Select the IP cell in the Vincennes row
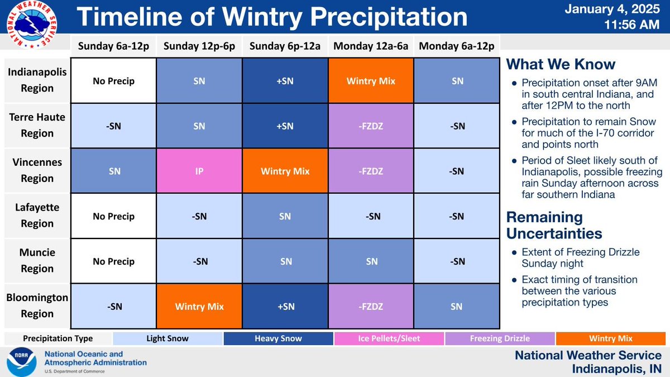(x=199, y=171)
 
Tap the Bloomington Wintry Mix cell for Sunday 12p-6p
(x=199, y=307)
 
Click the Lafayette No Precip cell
(x=114, y=217)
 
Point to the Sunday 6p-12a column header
(x=285, y=45)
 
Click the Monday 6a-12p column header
(x=457, y=45)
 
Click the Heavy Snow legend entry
(x=278, y=338)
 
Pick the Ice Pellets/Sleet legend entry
(x=389, y=338)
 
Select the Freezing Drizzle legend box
(x=499, y=338)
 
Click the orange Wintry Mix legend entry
(x=610, y=338)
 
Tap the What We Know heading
(x=561, y=64)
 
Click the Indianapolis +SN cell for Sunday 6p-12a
(x=285, y=81)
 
